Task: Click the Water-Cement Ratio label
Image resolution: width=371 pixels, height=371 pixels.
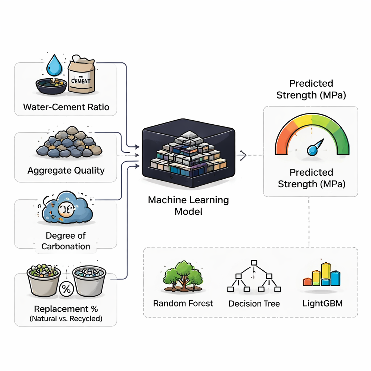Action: [66, 107]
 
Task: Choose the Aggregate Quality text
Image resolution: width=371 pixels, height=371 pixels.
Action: [66, 170]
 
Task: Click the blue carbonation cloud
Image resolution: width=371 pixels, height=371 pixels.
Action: [67, 209]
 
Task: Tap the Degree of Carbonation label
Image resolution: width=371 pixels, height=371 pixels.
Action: [66, 241]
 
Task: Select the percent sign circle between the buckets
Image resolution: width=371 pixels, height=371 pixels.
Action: [66, 289]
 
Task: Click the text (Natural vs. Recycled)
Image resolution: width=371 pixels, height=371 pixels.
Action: [66, 319]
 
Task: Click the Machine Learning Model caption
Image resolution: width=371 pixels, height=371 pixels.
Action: [188, 205]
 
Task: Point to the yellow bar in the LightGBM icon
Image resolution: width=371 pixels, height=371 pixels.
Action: [326, 274]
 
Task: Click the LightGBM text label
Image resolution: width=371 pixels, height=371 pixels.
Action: [322, 303]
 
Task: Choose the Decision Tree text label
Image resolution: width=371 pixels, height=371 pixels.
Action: [254, 303]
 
